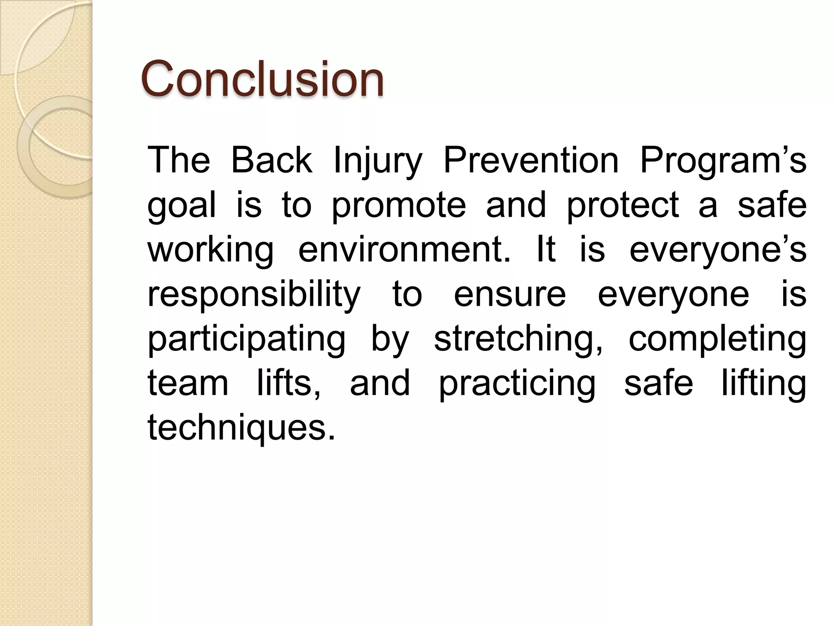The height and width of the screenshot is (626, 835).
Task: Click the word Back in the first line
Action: [x=272, y=160]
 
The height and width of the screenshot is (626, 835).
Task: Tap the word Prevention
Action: [x=531, y=160]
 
